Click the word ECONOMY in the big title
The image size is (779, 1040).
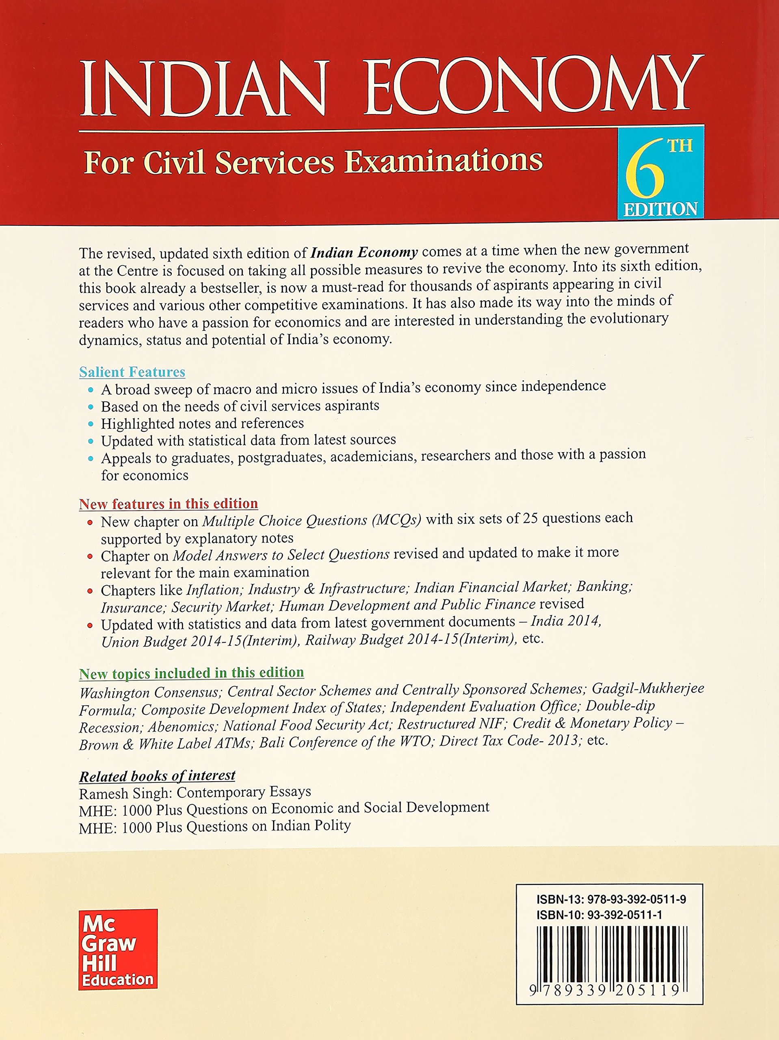[x=534, y=87]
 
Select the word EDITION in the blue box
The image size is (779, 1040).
[x=660, y=209]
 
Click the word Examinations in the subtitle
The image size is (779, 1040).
[x=444, y=161]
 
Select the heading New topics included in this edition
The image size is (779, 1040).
[x=191, y=673]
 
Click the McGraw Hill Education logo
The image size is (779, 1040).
[x=118, y=949]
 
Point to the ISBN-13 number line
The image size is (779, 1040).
[x=611, y=899]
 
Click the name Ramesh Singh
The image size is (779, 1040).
[x=123, y=794]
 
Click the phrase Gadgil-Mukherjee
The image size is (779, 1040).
[x=647, y=688]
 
